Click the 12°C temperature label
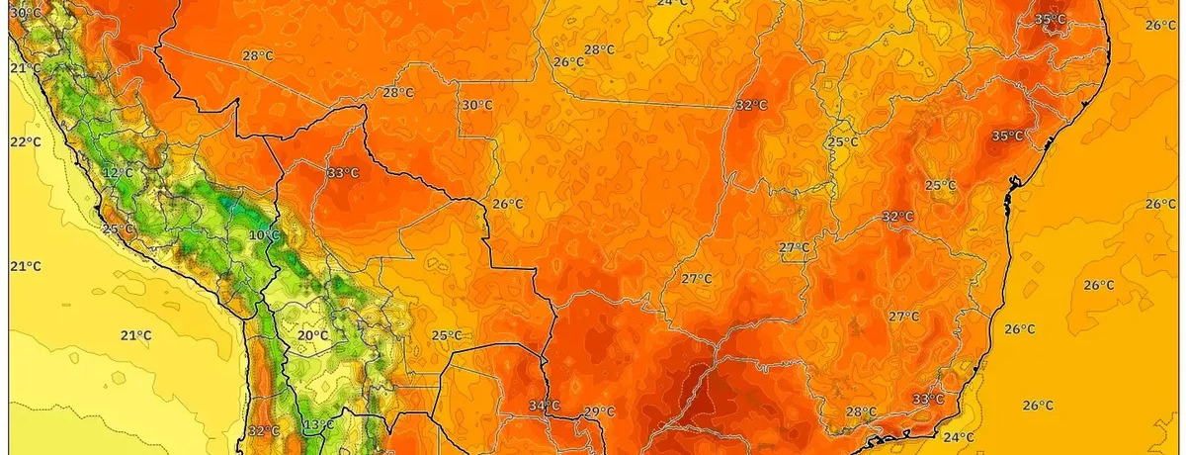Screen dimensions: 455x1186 point(118,172)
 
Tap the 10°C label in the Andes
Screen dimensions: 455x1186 point(264,235)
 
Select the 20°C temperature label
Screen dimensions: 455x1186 point(312,335)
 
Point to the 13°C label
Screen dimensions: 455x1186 point(318,425)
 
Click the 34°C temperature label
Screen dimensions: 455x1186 point(544,406)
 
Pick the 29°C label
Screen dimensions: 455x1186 point(599,411)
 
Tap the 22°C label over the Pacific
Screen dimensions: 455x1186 point(26,142)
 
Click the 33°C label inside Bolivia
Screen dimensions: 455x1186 point(343,172)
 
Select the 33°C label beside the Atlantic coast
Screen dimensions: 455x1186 point(927,399)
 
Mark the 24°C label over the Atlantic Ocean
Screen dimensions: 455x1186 point(958,437)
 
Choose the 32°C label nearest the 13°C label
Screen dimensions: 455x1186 point(264,431)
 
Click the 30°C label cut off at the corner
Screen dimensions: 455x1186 point(26,13)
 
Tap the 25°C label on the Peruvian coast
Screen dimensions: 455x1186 point(118,229)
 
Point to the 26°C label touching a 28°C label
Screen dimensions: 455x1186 point(568,61)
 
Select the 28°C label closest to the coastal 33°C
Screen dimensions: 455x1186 point(860,411)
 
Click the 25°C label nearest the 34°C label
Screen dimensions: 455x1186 point(447,335)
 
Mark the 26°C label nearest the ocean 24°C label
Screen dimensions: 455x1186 point(1037,406)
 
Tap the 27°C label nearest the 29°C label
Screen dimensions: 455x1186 point(696,279)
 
